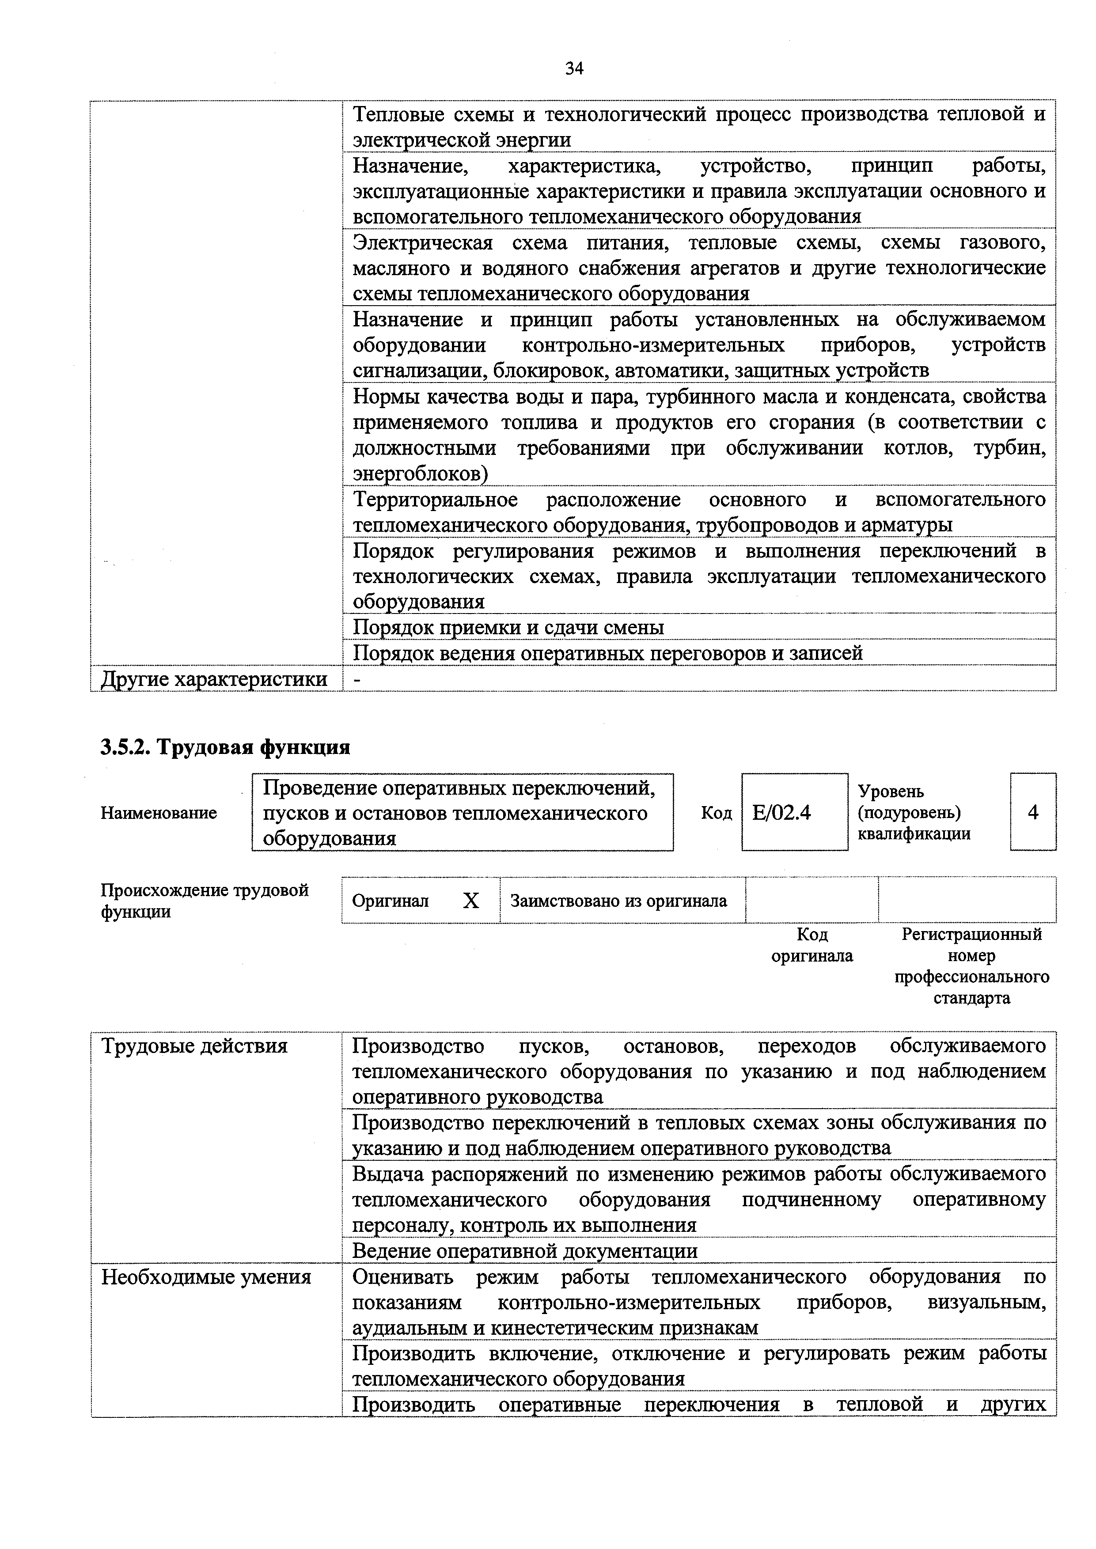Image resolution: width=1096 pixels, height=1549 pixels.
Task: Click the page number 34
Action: (574, 68)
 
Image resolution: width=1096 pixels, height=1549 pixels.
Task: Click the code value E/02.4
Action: (781, 812)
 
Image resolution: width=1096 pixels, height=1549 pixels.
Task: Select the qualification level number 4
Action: (1032, 812)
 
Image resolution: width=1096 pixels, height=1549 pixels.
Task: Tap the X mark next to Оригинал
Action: (470, 901)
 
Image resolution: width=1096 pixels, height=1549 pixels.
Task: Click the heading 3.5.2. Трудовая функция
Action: (225, 747)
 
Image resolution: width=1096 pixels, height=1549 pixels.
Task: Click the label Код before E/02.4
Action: (716, 813)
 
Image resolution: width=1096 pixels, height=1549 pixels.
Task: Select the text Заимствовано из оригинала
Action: (618, 901)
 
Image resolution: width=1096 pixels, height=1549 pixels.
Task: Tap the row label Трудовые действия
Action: (194, 1046)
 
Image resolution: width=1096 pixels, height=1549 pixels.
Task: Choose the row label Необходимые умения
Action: (206, 1276)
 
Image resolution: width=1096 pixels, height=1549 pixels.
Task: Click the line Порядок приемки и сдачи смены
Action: (509, 628)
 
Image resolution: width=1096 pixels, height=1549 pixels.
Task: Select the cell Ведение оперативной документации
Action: (525, 1251)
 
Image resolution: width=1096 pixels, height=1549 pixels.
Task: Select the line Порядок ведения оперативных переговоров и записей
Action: (608, 653)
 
